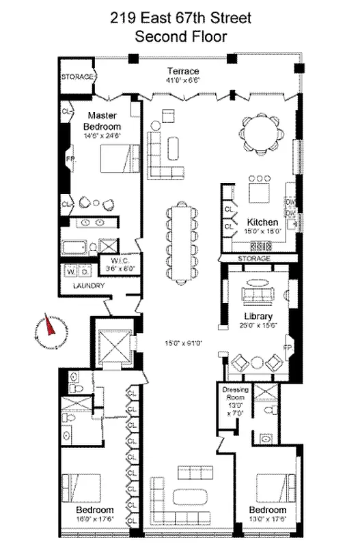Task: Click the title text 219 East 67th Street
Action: (x=180, y=20)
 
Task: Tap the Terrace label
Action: (x=183, y=71)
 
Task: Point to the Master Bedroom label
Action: (x=102, y=121)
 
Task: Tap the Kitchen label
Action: (x=262, y=222)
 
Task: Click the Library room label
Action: (x=259, y=317)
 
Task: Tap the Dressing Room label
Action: (x=233, y=394)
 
